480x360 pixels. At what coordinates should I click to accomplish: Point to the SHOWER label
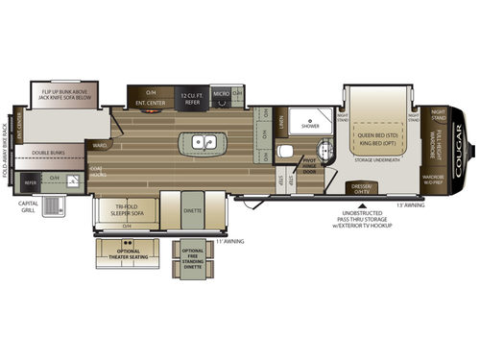click(x=310, y=126)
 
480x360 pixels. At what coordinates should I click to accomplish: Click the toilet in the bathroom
click(x=285, y=151)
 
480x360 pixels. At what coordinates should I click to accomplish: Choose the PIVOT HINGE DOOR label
click(x=310, y=165)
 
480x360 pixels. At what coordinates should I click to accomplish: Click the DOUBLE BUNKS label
click(x=48, y=152)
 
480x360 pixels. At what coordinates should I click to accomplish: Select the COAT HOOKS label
click(x=96, y=173)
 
